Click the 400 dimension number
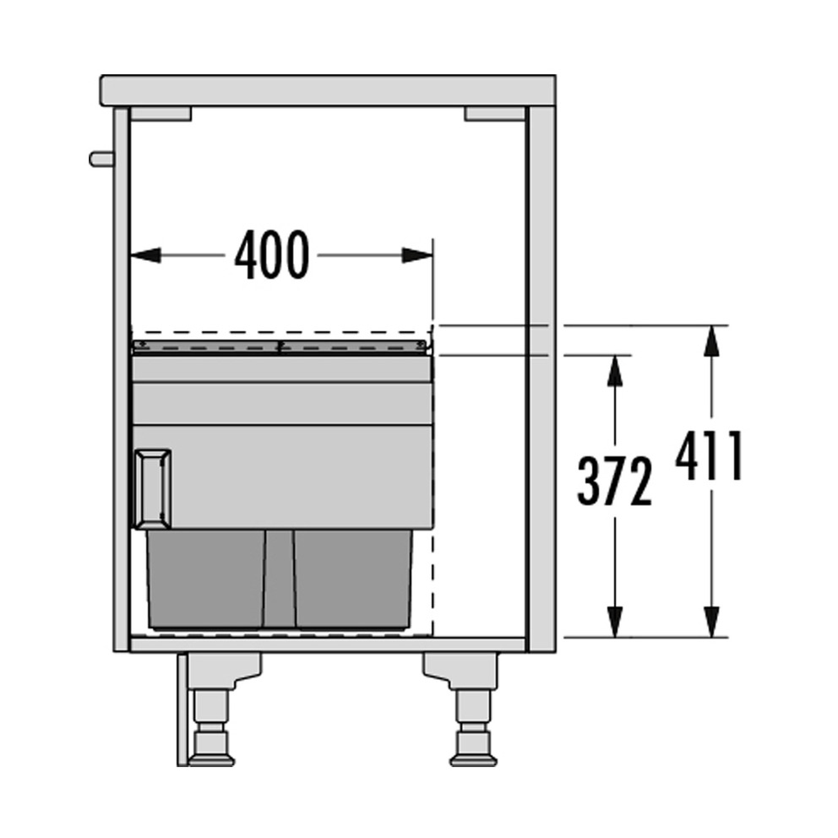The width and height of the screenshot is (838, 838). (272, 255)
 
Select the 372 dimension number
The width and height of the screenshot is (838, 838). (615, 481)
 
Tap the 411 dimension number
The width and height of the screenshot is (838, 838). (710, 455)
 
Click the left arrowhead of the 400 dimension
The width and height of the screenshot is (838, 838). (145, 255)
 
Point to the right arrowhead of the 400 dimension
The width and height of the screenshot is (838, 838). (417, 255)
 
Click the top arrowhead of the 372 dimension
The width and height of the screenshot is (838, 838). (615, 370)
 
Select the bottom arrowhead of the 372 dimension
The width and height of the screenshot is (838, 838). (615, 622)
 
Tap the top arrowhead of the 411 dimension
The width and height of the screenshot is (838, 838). (711, 340)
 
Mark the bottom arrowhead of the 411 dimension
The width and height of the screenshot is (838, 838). (711, 622)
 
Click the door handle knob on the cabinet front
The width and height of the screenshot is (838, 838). (101, 159)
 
